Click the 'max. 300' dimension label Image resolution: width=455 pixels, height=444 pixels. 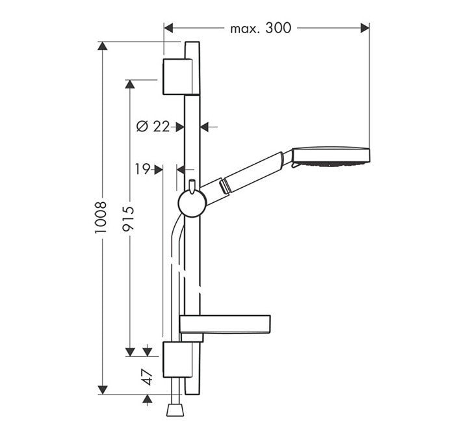(x=260, y=28)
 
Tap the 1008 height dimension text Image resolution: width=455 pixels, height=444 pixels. (x=101, y=218)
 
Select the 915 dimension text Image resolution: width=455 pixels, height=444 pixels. (x=128, y=218)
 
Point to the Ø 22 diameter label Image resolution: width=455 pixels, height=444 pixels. (x=153, y=127)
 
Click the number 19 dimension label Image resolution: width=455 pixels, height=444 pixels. (x=142, y=169)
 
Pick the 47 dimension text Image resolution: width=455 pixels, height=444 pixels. (x=148, y=377)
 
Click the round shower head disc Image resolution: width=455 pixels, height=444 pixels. (x=331, y=157)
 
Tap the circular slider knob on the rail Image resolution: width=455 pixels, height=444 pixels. (x=192, y=203)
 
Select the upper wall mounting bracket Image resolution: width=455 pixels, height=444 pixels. (x=177, y=77)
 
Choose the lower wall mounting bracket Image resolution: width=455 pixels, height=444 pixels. (x=177, y=359)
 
